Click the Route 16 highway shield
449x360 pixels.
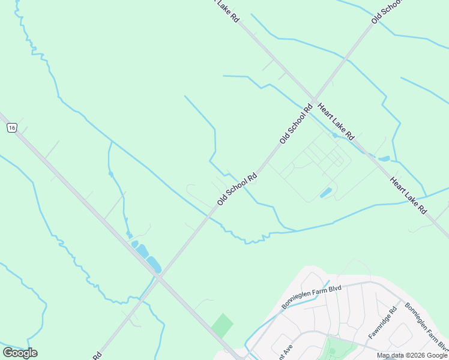point(11,127)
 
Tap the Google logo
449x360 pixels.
point(20,353)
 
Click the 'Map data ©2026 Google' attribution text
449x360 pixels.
point(412,355)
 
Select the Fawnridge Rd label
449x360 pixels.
point(383,323)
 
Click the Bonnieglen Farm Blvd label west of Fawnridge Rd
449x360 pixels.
point(311,298)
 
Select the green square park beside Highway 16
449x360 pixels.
point(222,325)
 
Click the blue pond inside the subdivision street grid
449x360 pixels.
point(326,193)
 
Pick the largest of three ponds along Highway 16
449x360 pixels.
point(154,264)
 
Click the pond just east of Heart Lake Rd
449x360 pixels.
point(384,159)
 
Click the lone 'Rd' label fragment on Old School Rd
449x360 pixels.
point(96,356)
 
